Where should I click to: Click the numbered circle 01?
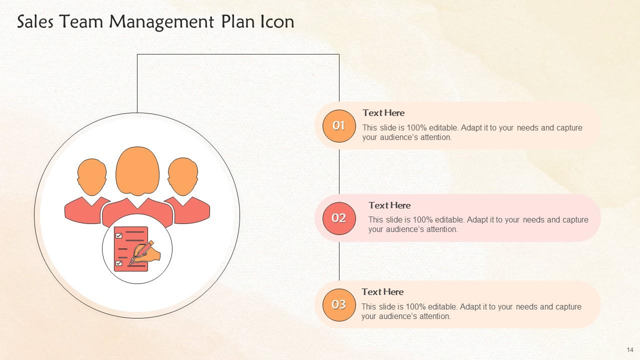[x=339, y=126]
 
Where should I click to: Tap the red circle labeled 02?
[x=339, y=218]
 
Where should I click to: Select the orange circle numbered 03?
[x=339, y=304]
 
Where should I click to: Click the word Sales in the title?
[x=35, y=22]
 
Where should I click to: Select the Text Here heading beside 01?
[x=383, y=113]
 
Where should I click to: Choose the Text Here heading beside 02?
[x=389, y=205]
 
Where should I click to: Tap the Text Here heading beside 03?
[x=382, y=292]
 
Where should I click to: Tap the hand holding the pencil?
[x=150, y=252]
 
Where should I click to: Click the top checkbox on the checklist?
[x=118, y=235]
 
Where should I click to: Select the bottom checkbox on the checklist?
[x=118, y=263]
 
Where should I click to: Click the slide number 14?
[x=629, y=349]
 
